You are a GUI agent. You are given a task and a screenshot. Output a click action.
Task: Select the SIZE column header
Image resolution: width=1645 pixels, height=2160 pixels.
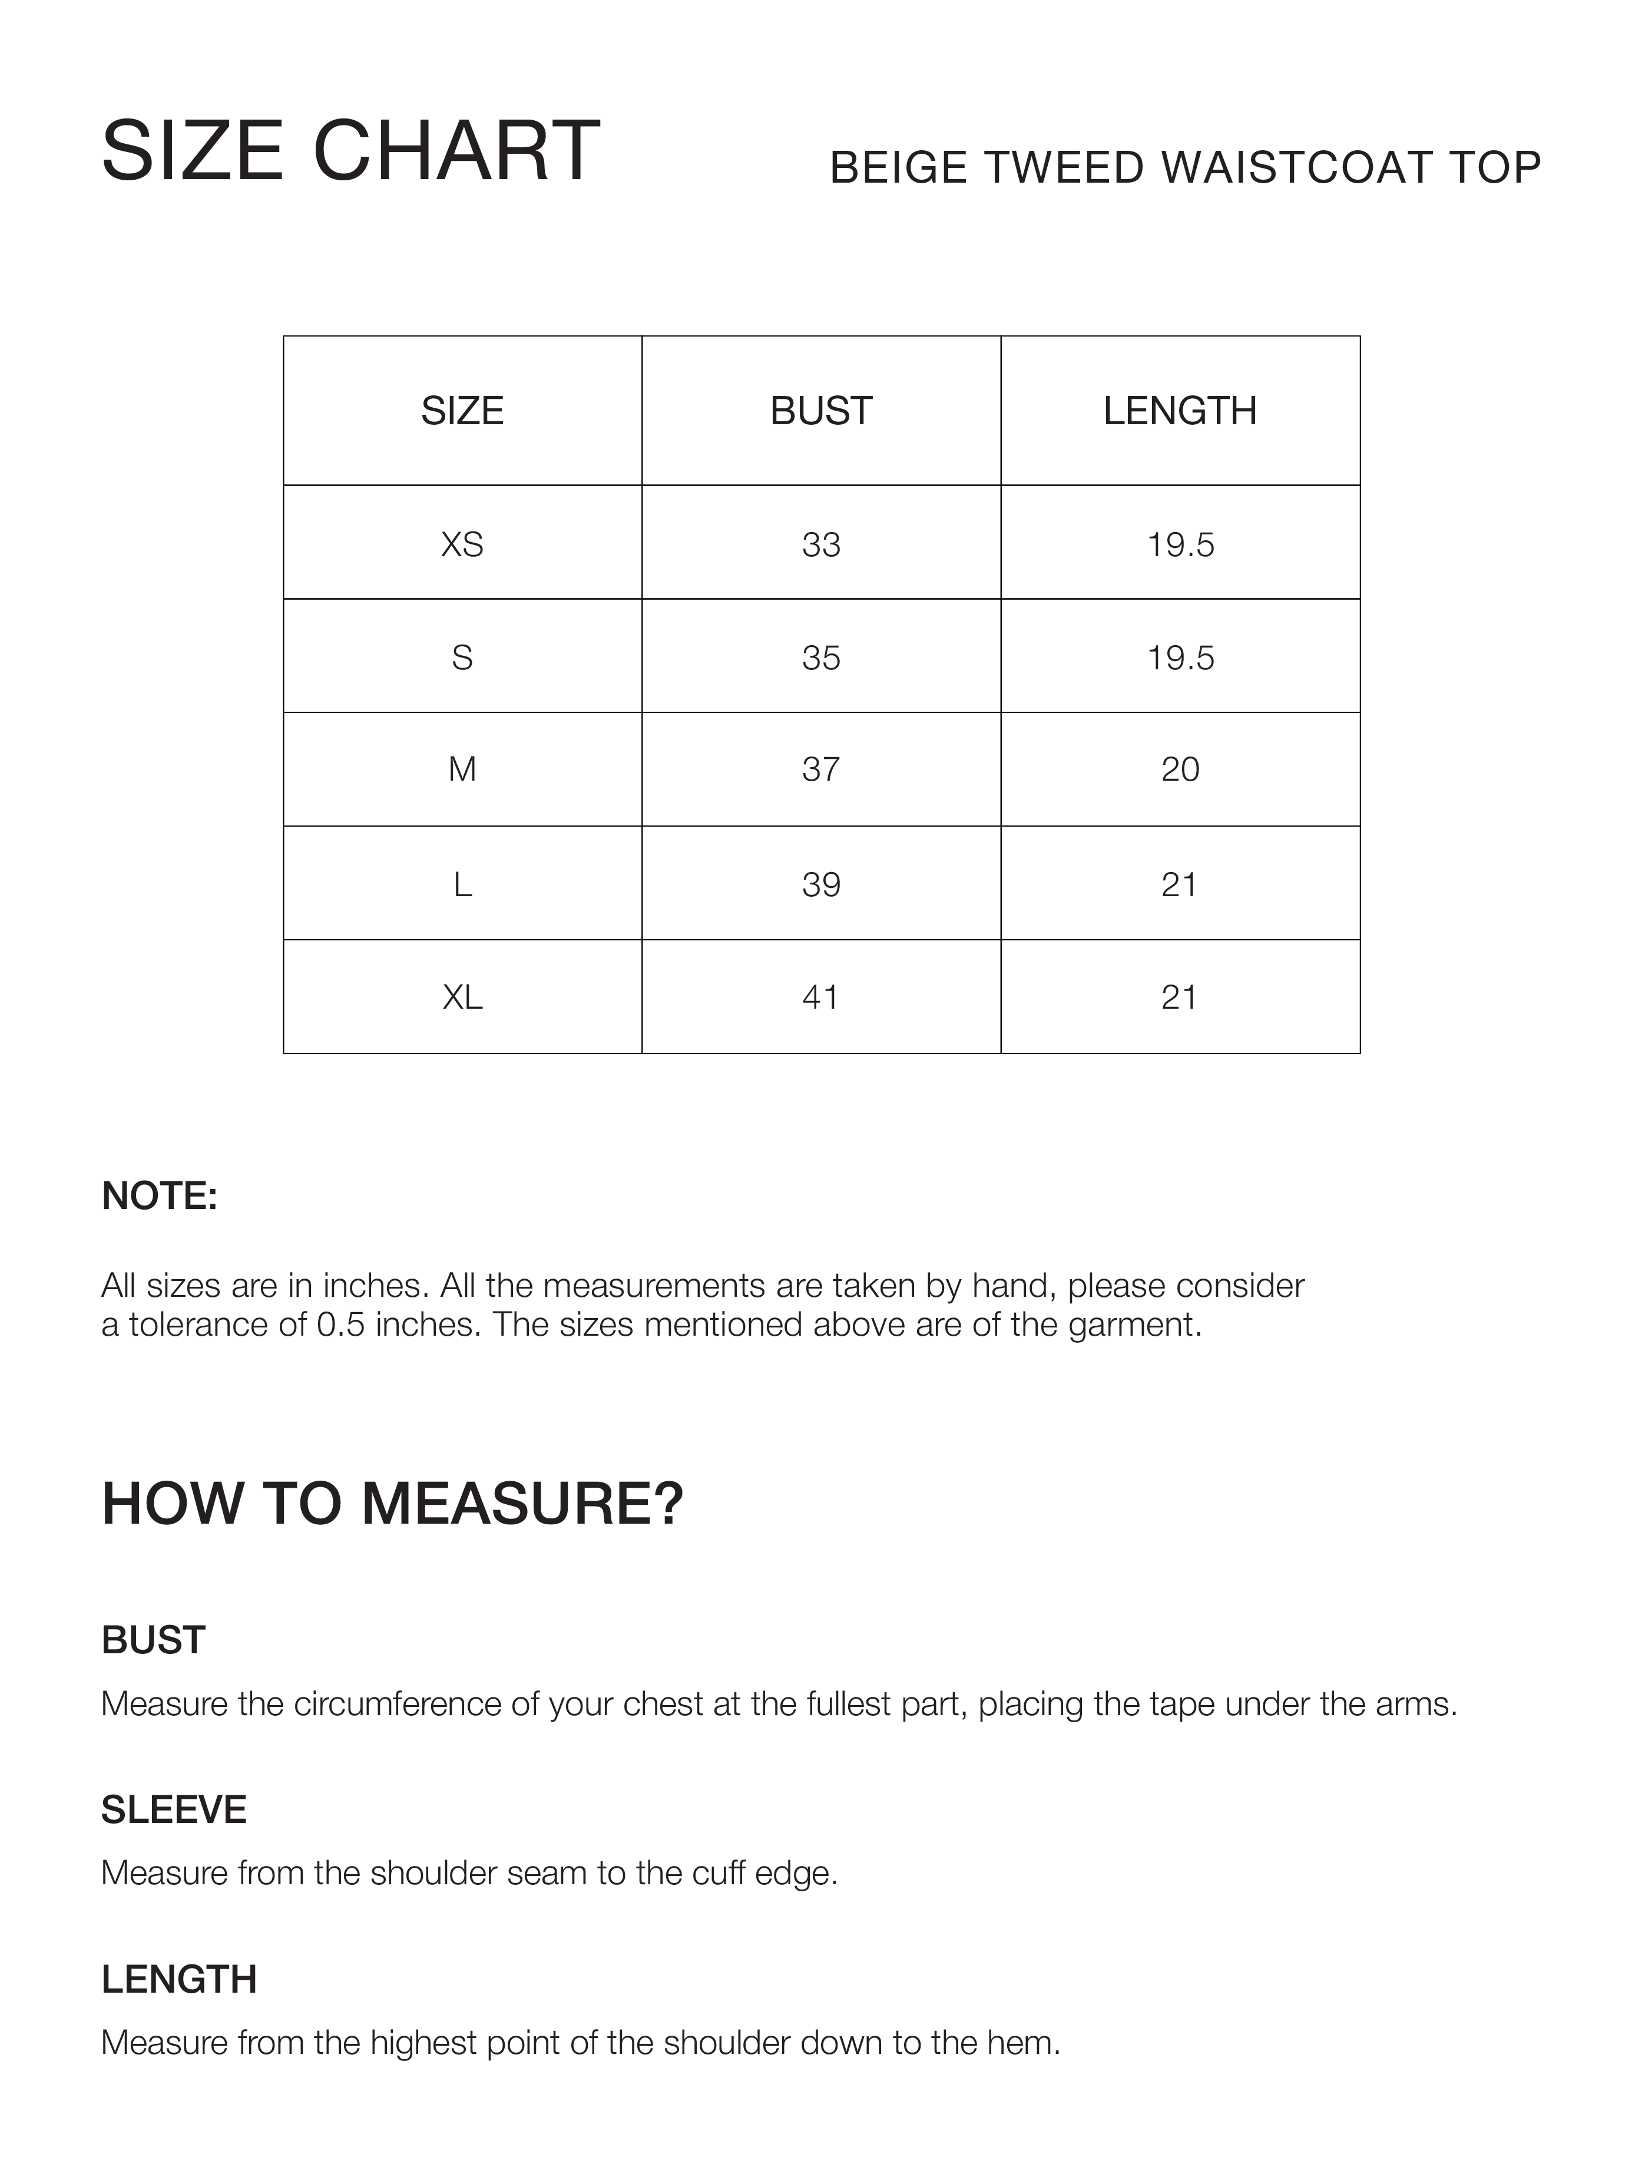coord(462,411)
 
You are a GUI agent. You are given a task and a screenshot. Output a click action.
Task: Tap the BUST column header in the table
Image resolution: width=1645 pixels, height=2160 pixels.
coord(820,411)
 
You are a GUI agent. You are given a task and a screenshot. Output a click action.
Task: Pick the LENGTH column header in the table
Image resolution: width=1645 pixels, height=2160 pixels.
coord(1180,411)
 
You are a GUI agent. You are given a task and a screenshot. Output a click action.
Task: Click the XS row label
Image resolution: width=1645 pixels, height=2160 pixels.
coord(462,544)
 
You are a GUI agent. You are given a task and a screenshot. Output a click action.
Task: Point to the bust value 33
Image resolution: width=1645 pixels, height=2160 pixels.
coord(820,544)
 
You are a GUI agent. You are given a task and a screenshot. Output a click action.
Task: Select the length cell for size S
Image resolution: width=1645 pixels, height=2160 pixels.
coord(1180,658)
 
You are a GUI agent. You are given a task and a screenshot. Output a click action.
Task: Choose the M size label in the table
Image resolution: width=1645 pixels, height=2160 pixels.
coord(462,770)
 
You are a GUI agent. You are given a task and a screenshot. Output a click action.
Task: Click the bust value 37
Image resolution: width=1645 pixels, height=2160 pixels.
coord(820,770)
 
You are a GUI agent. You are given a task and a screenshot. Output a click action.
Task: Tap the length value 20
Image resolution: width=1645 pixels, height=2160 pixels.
coord(1180,770)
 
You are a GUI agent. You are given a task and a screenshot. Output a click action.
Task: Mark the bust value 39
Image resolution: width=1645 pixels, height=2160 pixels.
coord(820,884)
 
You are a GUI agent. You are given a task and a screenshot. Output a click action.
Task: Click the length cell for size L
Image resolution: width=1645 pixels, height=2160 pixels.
coord(1179,884)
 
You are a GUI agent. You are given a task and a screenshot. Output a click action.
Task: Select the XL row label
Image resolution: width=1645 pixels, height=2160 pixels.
coord(462,998)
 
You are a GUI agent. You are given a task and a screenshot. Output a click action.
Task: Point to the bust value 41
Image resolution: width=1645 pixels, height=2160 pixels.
coord(820,998)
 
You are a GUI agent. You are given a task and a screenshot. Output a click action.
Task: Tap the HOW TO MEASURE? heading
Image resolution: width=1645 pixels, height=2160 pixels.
coord(392,1504)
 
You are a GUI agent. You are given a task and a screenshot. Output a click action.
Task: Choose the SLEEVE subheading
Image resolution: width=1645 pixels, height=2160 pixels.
coord(173,1810)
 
